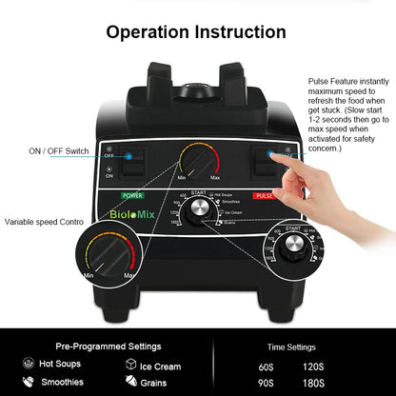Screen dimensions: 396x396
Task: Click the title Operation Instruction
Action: click(x=197, y=31)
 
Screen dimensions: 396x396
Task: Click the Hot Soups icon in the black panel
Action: click(x=28, y=365)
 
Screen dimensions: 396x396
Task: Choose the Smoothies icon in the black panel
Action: click(x=28, y=383)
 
